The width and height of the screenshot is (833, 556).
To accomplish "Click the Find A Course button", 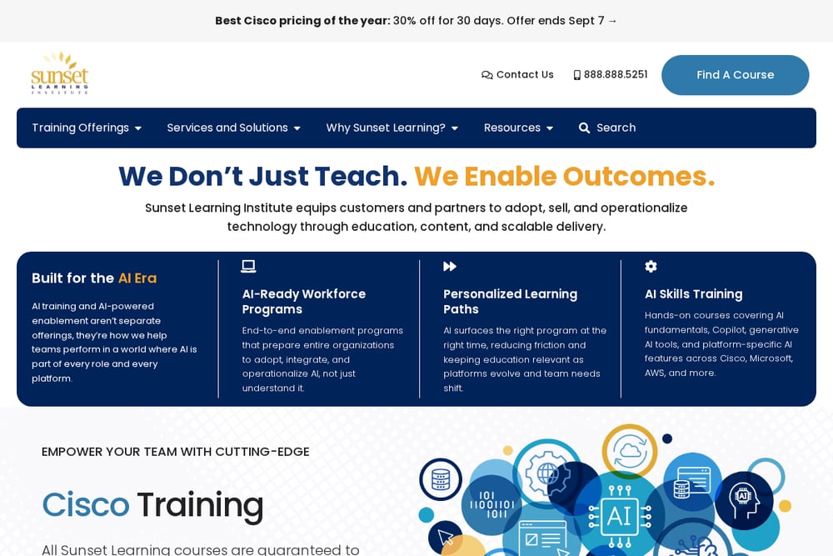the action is [x=735, y=75].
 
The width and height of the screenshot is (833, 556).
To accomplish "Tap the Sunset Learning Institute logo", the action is [x=59, y=73].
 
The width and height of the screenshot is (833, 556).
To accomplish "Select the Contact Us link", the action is [x=517, y=75].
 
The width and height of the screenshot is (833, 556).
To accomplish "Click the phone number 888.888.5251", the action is [x=611, y=75].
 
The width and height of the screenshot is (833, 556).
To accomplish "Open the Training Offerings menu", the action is [x=87, y=128].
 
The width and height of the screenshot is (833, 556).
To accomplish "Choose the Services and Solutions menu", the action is [x=234, y=128].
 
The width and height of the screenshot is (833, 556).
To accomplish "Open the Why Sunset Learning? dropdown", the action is [x=392, y=128].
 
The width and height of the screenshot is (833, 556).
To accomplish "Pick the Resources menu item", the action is [x=518, y=128].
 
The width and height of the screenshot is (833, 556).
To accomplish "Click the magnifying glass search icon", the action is [x=584, y=128].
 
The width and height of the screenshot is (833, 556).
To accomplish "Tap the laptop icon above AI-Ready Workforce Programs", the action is [x=248, y=266].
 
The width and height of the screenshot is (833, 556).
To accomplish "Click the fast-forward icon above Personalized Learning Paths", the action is [x=450, y=266].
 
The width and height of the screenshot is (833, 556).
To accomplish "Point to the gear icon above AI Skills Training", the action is [x=651, y=266].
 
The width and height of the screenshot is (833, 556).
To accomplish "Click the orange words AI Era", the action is [x=137, y=278].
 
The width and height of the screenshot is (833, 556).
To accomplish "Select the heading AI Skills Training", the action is [x=694, y=294].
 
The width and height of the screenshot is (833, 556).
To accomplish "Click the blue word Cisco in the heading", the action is [x=86, y=504].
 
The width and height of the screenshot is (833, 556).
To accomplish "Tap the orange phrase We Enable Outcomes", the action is [x=565, y=177].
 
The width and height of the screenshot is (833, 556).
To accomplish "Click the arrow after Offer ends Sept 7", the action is [x=612, y=21].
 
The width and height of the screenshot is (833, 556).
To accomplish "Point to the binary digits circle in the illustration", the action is [x=492, y=504].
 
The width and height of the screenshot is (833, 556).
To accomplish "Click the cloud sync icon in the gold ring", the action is [x=630, y=451].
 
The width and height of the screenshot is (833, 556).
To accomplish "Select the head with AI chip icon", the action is [x=744, y=500].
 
